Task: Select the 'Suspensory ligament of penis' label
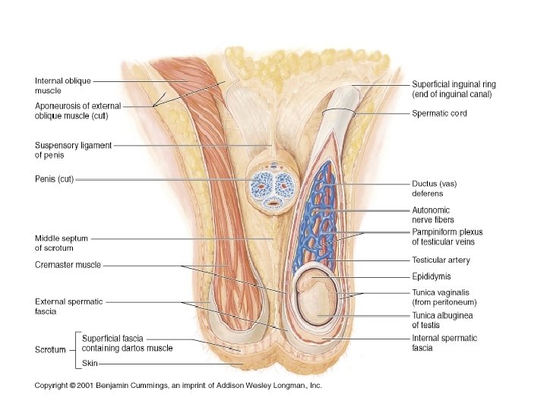(73, 150)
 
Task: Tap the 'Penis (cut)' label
(54, 180)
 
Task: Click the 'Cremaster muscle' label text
(68, 265)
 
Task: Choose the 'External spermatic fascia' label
(68, 306)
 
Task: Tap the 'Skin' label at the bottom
(90, 364)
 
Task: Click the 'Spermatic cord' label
(439, 113)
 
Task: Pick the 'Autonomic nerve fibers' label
(432, 215)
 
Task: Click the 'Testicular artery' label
(441, 260)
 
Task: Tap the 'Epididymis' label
(431, 277)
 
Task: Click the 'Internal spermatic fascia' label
(444, 342)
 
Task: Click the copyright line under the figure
(179, 386)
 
